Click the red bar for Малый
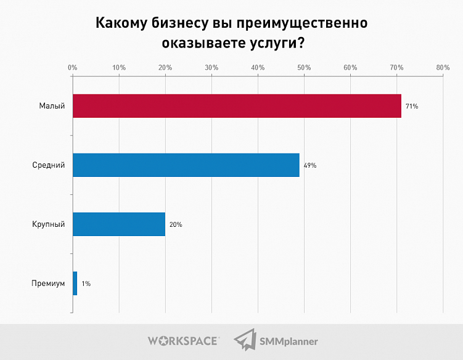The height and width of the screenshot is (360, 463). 237,106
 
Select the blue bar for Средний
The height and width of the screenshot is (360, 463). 186,165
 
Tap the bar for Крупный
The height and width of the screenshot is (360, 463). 119,224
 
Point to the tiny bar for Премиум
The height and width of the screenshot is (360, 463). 75,284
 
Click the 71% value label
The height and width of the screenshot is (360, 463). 412,107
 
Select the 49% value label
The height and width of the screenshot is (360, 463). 309,166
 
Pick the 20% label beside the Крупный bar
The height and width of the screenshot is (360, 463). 175,225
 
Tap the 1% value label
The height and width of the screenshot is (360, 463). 86,284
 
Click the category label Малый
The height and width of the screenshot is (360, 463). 52,107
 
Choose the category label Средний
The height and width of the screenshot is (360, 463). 48,166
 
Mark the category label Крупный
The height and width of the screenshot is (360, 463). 48,225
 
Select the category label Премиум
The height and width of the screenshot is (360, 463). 47,284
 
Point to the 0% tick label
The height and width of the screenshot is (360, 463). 72,67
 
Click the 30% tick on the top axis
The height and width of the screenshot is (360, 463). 211,67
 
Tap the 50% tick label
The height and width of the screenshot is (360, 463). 304,67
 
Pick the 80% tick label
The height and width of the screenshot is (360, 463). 443,67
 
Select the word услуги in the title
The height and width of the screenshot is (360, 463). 272,44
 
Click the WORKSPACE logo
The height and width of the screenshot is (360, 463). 182,340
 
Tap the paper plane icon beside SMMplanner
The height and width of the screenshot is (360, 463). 245,340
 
